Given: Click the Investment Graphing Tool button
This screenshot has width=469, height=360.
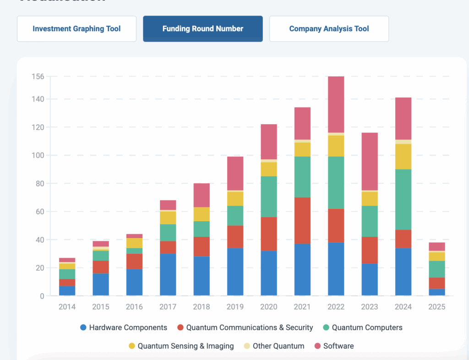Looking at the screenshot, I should point(76,29).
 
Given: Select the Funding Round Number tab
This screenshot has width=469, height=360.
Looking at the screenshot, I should point(203,29).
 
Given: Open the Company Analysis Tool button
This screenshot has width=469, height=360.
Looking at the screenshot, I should point(329,29).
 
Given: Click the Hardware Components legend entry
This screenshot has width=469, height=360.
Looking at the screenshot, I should point(124,327).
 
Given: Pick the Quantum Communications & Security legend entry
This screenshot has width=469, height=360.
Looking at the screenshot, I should point(245,327).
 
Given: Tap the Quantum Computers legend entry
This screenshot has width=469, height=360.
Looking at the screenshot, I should point(362,327).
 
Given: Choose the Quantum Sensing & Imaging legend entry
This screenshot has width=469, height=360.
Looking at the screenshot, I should point(181,346).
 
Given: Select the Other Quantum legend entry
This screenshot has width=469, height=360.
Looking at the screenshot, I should point(273,346).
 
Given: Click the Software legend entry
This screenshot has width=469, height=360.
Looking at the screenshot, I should point(334,346).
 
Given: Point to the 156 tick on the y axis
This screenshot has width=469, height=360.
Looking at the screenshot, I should point(38,76).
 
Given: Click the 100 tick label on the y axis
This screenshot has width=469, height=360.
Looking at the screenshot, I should point(38,155).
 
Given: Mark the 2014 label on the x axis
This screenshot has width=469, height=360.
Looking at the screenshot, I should point(67,307).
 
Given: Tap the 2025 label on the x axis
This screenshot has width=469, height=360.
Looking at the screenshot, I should point(437,307).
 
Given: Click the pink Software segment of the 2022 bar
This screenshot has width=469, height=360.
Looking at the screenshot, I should point(336,104).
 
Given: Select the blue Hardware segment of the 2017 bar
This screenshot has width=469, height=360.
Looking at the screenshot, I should point(168,274).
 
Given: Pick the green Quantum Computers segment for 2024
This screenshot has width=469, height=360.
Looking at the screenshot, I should point(404,199).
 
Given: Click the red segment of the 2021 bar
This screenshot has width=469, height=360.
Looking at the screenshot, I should point(302,220).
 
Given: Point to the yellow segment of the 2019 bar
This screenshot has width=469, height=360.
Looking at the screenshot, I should point(235,198).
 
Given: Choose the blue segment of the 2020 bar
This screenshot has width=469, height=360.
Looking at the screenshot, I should point(269,273).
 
